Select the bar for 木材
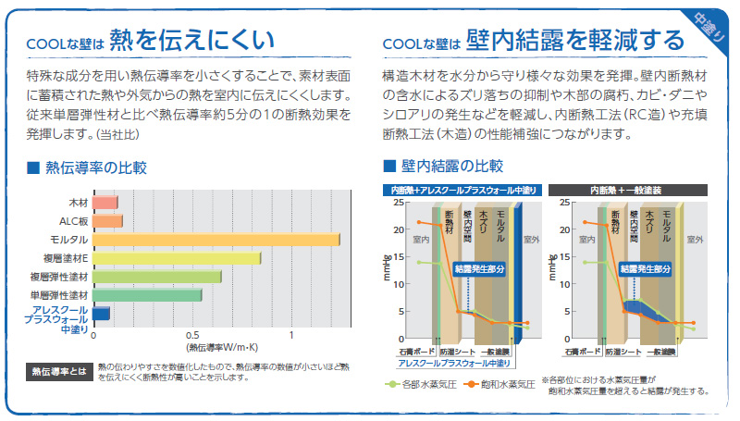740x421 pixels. (x=105, y=202)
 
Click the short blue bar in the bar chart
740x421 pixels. (x=101, y=314)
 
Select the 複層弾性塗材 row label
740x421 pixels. (x=59, y=277)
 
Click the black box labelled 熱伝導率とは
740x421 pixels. (x=57, y=372)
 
